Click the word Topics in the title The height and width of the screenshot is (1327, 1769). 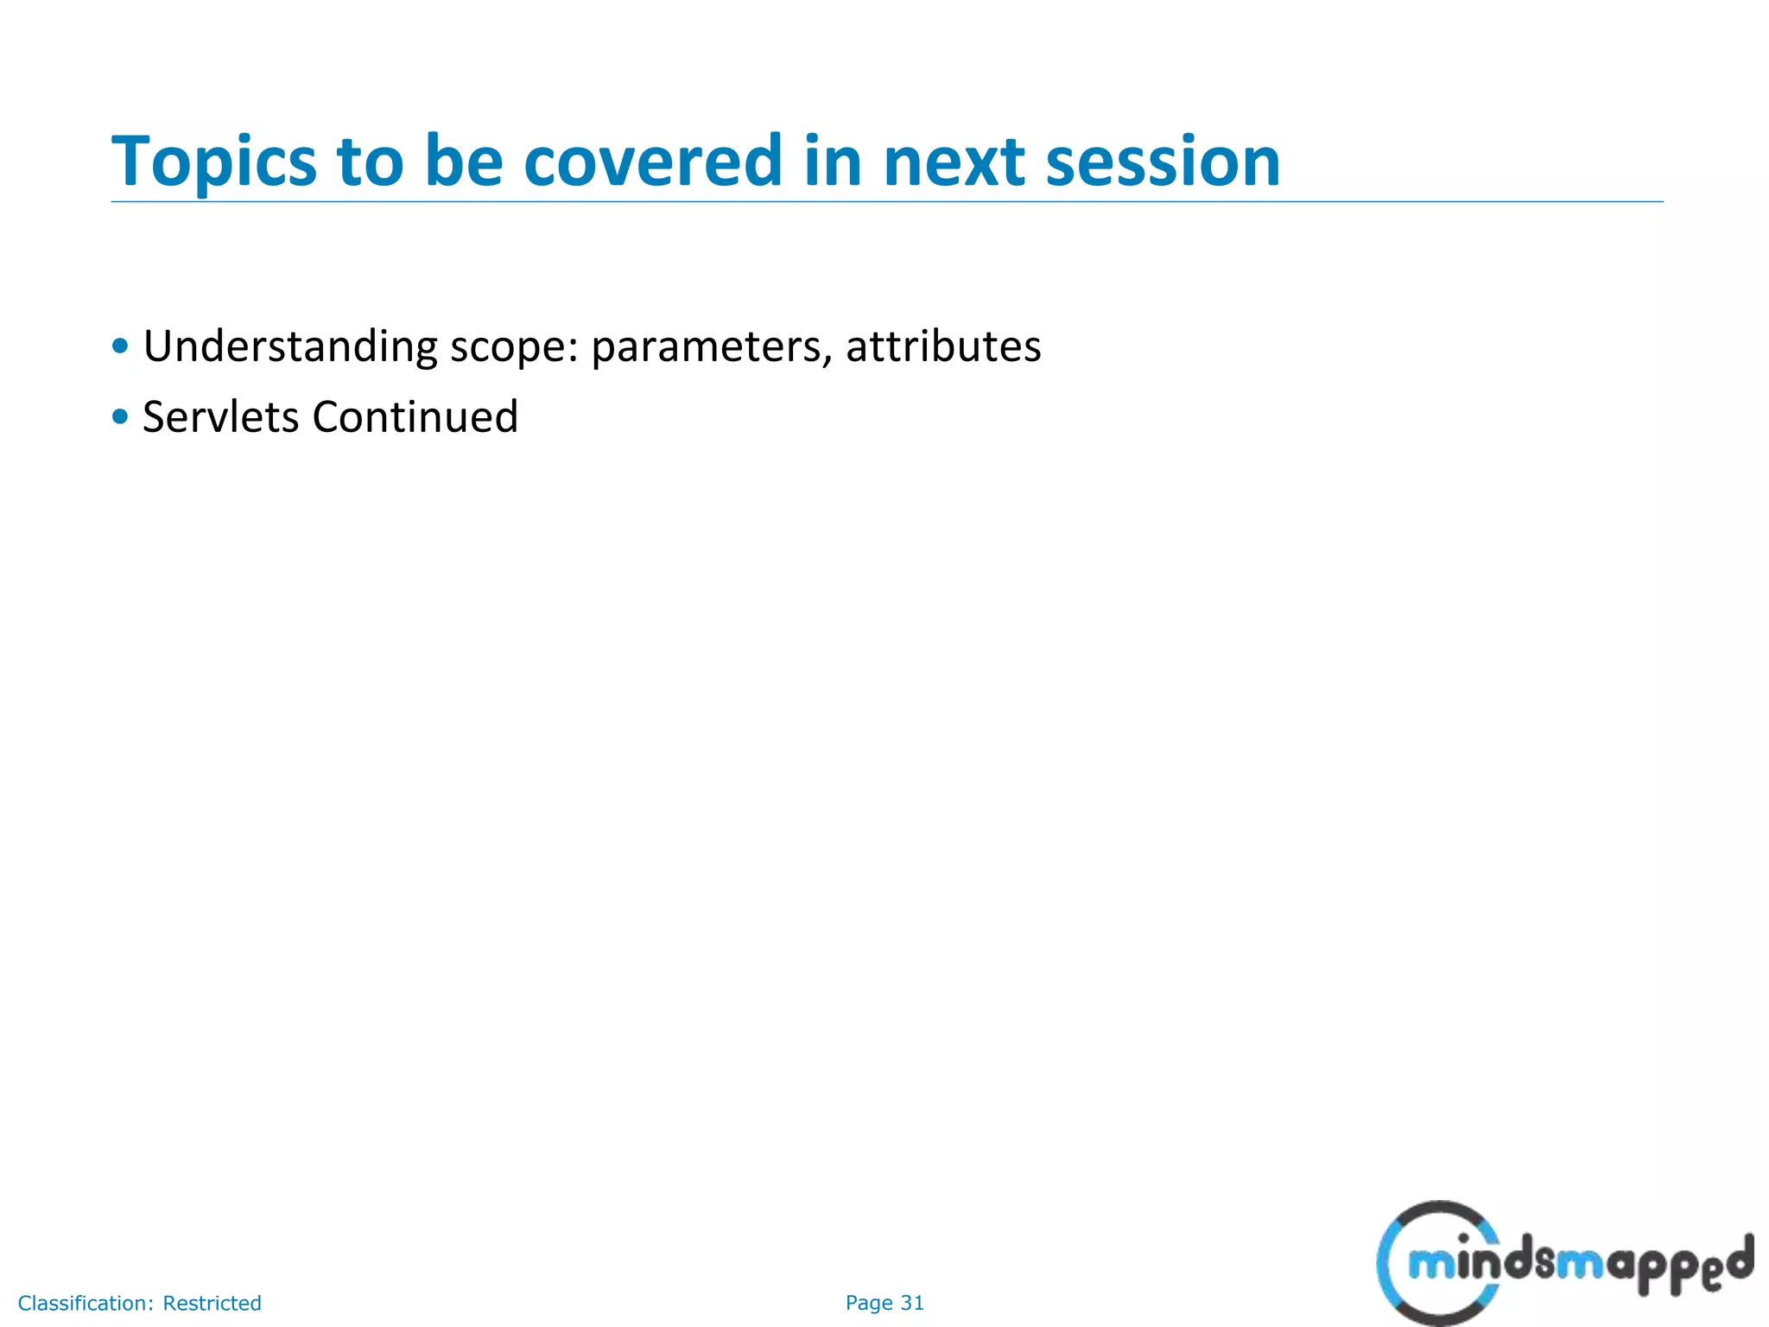click(x=214, y=162)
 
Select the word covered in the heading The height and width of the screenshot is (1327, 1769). click(x=653, y=161)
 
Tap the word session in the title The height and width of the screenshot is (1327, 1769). click(x=1163, y=162)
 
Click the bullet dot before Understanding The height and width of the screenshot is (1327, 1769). click(x=120, y=347)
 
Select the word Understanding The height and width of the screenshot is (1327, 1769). click(x=290, y=347)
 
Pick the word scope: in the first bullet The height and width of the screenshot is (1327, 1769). click(x=514, y=347)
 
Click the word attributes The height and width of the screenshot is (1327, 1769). click(x=943, y=347)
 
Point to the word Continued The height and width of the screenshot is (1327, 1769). click(x=415, y=417)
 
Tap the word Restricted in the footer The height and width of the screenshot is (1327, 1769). click(x=212, y=1303)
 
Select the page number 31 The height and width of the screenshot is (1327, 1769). click(x=912, y=1303)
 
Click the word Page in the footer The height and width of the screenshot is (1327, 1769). click(x=869, y=1303)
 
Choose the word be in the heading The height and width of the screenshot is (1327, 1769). click(x=464, y=161)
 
